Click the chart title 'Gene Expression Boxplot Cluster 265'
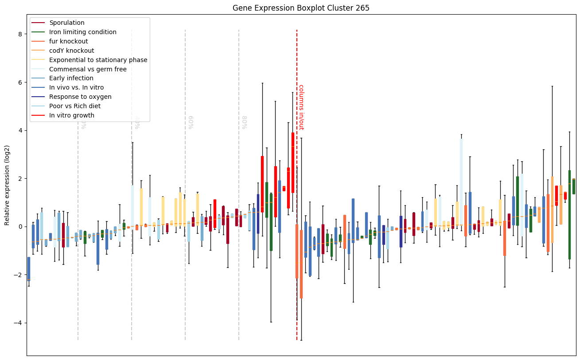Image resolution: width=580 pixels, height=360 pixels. [301, 8]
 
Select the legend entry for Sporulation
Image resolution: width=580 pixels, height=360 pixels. [67, 23]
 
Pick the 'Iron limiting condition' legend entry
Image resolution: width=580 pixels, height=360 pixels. [83, 32]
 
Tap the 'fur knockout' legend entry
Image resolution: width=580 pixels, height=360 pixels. [68, 41]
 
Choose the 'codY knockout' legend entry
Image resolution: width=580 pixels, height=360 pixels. [71, 51]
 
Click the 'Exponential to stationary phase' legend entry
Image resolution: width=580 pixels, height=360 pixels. [98, 60]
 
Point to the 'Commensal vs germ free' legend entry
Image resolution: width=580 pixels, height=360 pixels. [88, 69]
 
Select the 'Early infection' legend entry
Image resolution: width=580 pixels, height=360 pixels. [71, 78]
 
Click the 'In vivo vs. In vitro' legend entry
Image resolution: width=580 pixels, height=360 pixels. [76, 88]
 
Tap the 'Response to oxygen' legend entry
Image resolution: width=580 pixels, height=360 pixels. [80, 97]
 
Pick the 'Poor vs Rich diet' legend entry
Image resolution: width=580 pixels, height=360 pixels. [75, 106]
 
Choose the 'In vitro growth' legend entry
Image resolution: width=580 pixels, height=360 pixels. [72, 115]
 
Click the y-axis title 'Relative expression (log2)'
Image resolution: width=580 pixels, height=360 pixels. [7, 185]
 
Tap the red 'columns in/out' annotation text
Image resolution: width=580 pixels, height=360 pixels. [301, 107]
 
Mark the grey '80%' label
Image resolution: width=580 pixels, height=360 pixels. [244, 122]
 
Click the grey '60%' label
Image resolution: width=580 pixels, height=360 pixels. [191, 122]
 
